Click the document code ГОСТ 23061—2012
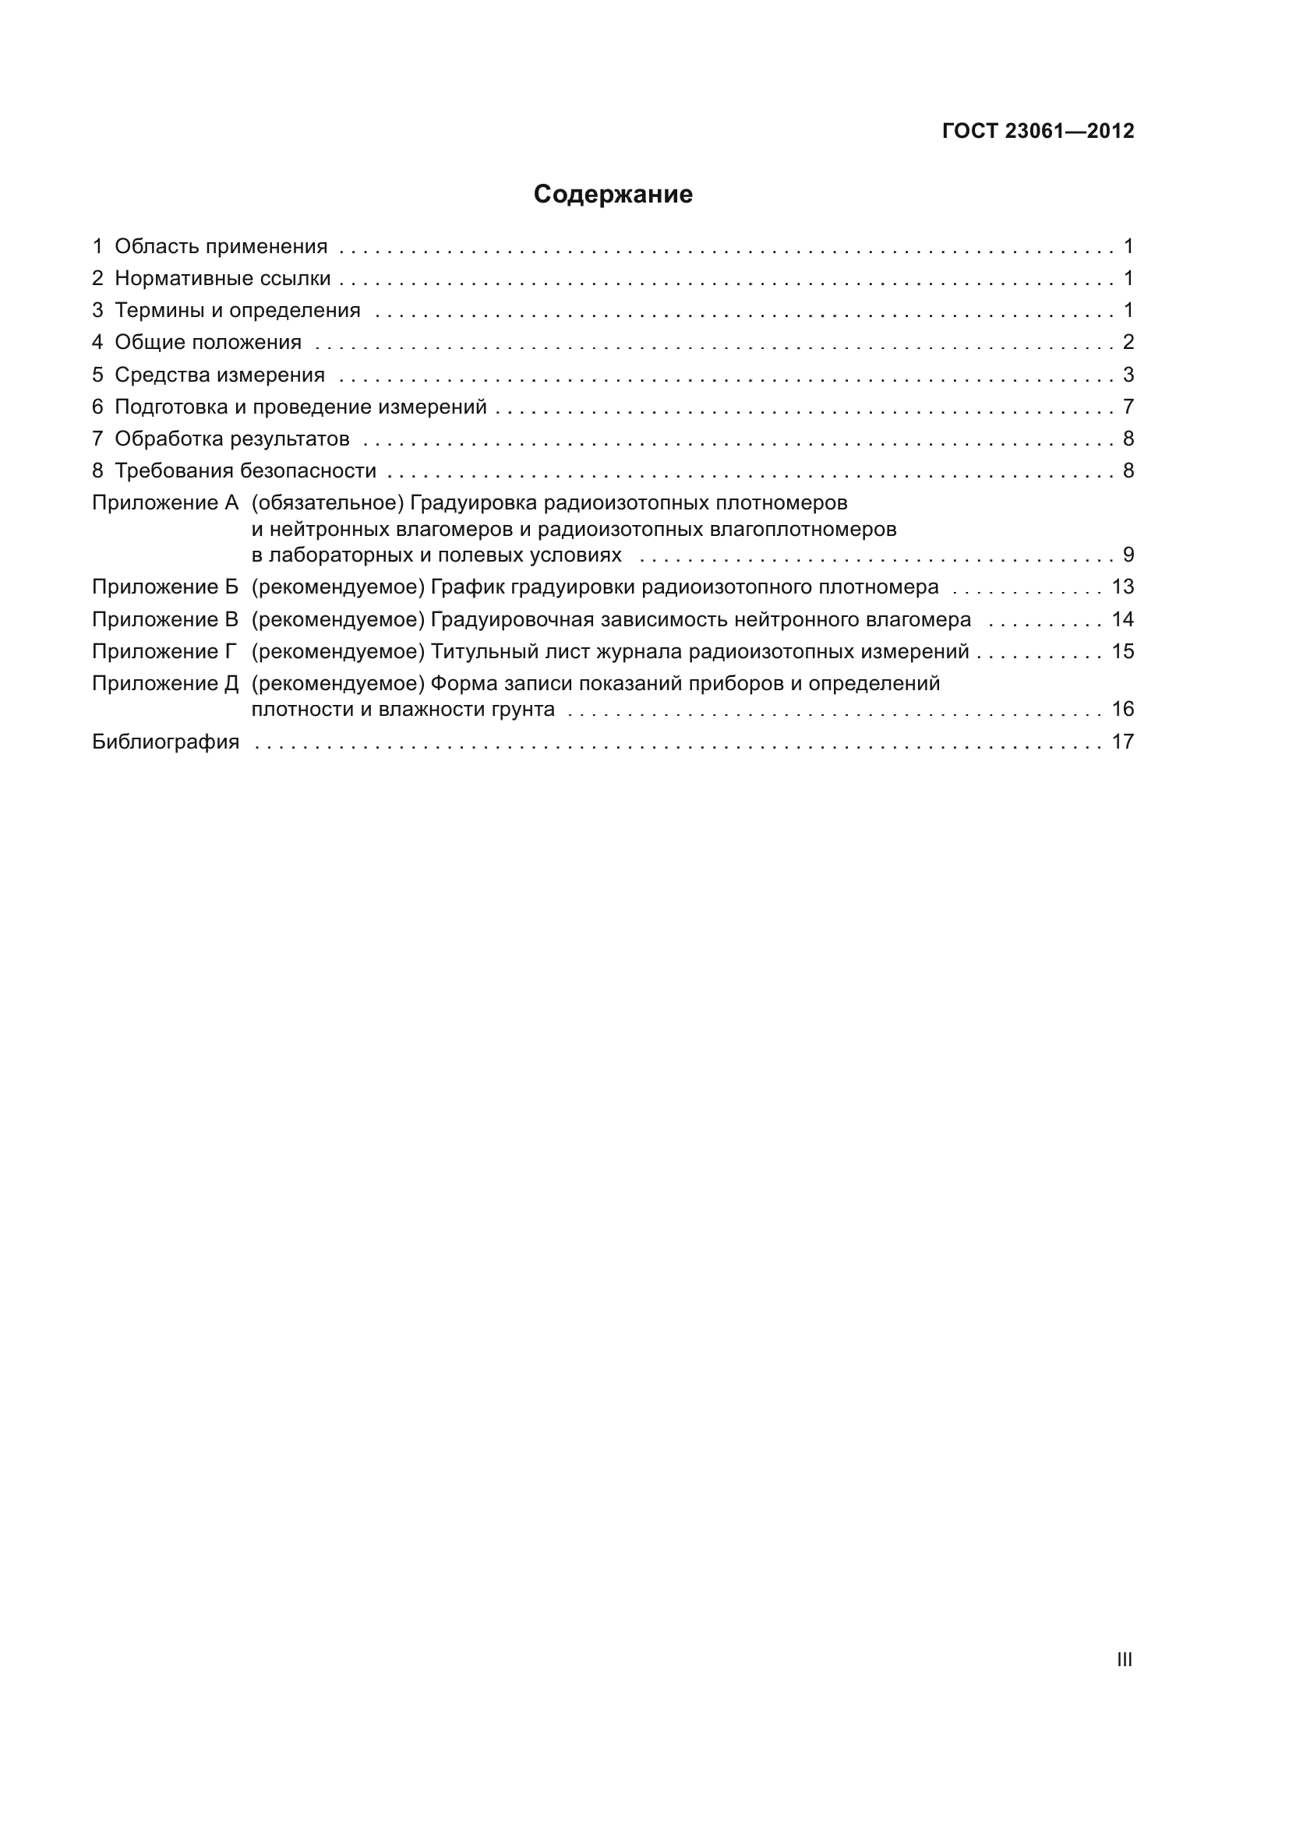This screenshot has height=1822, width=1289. [1037, 131]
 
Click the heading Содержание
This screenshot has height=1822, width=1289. [613, 195]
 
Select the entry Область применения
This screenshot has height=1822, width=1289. [221, 247]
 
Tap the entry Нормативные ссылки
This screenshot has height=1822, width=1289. [222, 279]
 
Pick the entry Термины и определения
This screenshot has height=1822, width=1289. [238, 310]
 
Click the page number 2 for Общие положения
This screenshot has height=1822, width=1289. [1128, 342]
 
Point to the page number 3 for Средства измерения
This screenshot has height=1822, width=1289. [1128, 375]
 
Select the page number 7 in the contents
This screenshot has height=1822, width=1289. [1128, 407]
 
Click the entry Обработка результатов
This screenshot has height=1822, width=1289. [231, 439]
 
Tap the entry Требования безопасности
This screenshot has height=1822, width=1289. [245, 471]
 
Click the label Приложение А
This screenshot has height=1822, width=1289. [165, 503]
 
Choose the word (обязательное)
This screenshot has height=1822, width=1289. [328, 503]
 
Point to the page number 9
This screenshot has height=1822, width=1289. [1128, 555]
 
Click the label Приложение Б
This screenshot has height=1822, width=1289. [165, 587]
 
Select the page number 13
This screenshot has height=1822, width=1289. [1122, 587]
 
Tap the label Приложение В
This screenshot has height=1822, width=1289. [165, 620]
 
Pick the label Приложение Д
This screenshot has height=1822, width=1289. [165, 684]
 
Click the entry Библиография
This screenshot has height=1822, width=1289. [165, 742]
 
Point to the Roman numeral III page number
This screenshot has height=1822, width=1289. [1124, 1660]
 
